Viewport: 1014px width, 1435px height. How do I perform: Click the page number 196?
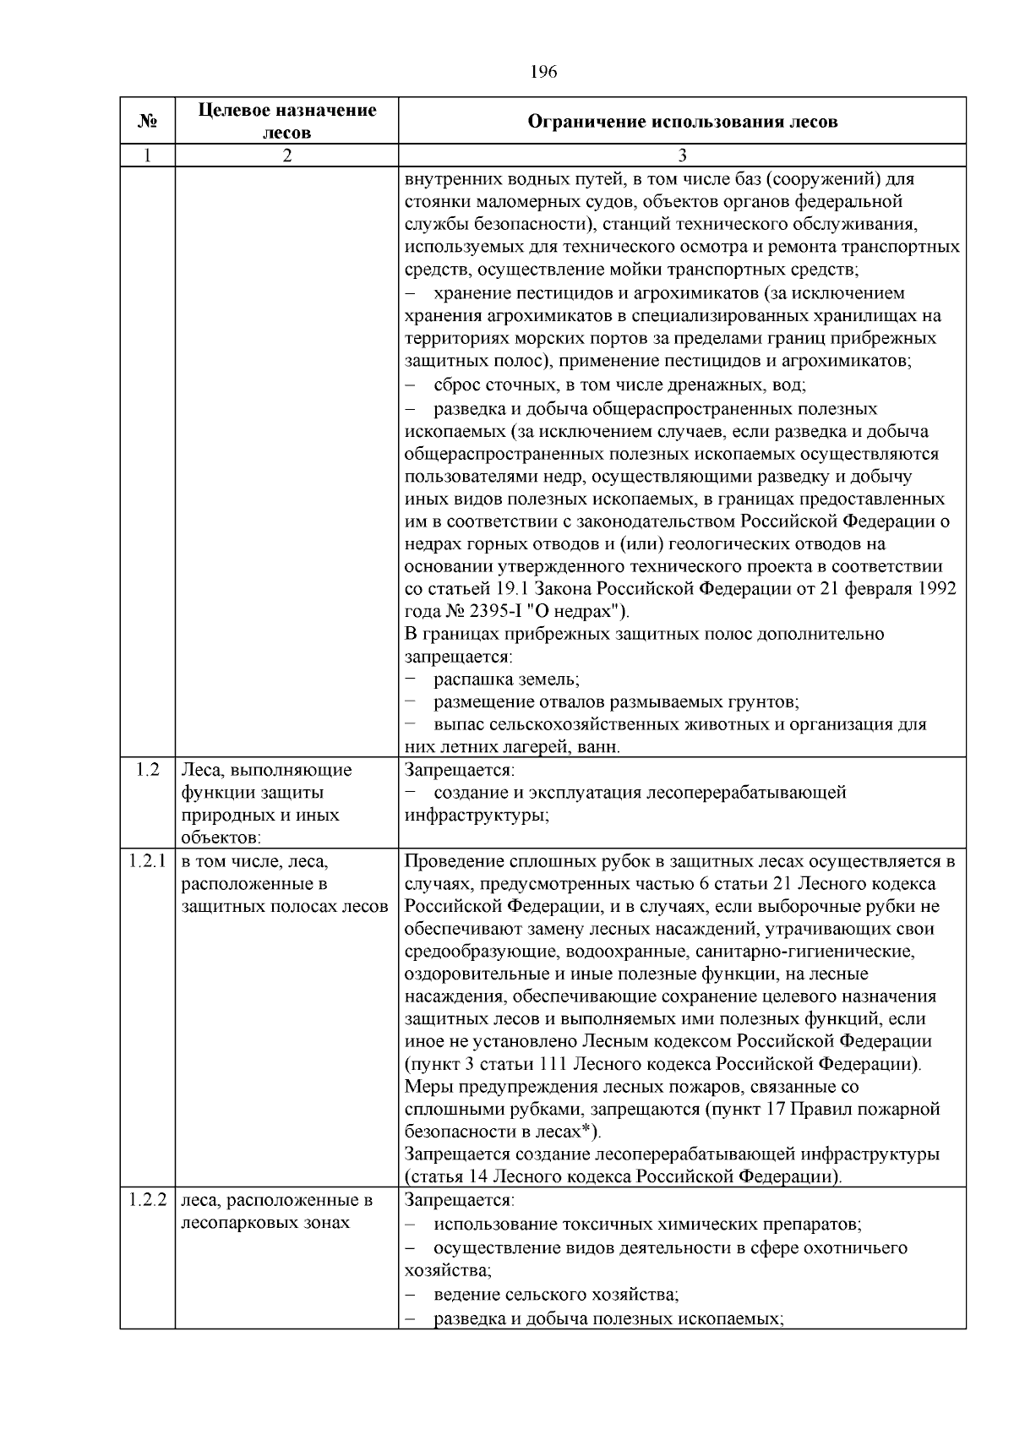[543, 72]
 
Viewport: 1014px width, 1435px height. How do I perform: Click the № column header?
[148, 122]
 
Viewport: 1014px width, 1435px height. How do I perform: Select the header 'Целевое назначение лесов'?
[287, 122]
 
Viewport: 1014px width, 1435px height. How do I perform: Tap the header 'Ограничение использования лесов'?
[682, 122]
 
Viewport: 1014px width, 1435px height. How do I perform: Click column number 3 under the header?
[682, 156]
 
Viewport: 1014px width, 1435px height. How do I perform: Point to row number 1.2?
[148, 770]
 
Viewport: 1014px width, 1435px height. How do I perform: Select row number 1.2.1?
[148, 861]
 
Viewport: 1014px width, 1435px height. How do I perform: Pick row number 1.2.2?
[148, 1200]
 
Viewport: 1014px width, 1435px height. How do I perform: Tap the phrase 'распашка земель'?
[505, 679]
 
